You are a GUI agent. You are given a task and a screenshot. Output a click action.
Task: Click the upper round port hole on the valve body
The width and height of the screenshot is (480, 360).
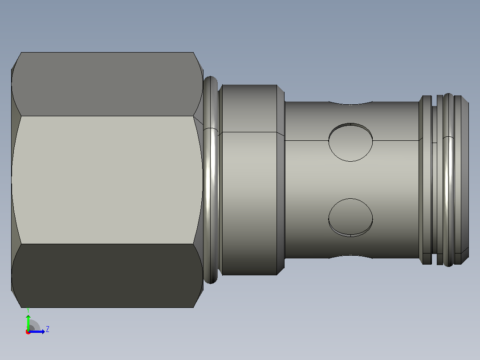[350, 142]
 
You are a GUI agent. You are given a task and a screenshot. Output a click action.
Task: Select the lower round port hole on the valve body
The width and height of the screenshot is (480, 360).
[350, 217]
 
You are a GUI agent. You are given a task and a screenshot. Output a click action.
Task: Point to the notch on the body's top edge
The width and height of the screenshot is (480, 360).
[350, 103]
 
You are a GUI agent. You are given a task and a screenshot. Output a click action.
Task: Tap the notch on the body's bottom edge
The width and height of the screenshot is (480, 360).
[350, 257]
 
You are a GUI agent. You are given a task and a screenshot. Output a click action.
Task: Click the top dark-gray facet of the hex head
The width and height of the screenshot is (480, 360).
[107, 84]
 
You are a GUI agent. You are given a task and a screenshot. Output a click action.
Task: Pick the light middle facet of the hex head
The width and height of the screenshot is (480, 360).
[107, 180]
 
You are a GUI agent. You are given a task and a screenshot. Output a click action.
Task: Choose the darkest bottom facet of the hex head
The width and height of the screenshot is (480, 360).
[107, 276]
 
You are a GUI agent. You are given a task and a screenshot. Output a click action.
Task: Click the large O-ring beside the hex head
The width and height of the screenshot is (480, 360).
[211, 180]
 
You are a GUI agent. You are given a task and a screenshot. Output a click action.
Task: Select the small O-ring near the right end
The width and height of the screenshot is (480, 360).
[448, 180]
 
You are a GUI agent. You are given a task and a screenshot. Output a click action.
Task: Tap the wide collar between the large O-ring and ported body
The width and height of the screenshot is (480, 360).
[249, 180]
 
